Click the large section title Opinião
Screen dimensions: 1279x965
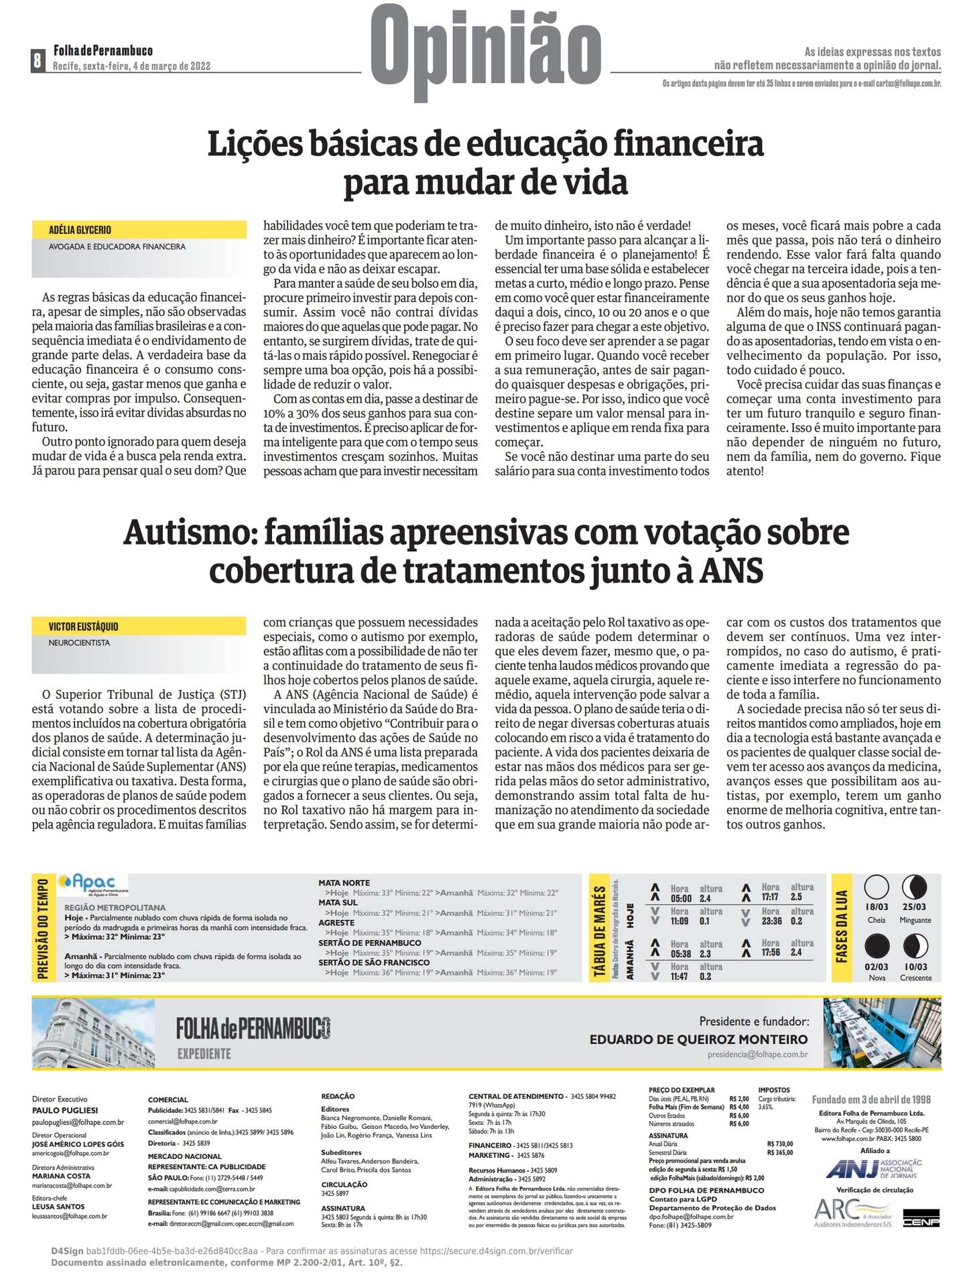[x=486, y=54]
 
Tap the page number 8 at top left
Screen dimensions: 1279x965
[x=38, y=60]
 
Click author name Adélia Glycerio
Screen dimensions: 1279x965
[x=80, y=230]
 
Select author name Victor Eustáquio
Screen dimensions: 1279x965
[x=83, y=626]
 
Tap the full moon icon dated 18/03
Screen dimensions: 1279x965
[x=877, y=887]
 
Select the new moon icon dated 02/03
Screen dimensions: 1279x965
[x=877, y=946]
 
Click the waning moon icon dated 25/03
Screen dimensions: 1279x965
[x=915, y=887]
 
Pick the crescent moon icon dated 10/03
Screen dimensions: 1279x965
[x=915, y=946]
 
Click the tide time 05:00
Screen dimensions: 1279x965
[x=681, y=898]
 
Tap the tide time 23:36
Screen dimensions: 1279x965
[x=772, y=921]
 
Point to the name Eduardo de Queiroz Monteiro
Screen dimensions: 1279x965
[x=698, y=1039]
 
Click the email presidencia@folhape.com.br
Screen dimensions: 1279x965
[x=757, y=1055]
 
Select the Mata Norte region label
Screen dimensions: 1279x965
[x=344, y=883]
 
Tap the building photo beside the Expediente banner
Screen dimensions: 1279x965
[x=93, y=1032]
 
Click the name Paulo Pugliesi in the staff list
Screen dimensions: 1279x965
[x=65, y=1110]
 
